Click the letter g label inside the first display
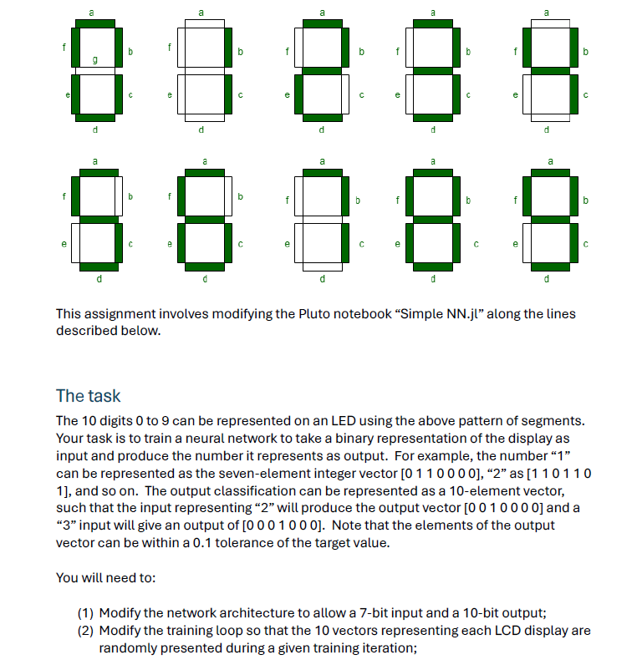pyautogui.click(x=94, y=60)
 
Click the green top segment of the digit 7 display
pyautogui.click(x=323, y=173)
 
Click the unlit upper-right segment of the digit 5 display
pyautogui.click(x=119, y=196)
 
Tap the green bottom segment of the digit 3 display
pyautogui.click(x=433, y=117)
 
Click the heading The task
pyautogui.click(x=88, y=395)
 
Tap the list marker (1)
pyautogui.click(x=86, y=613)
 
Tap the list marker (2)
pyautogui.click(x=86, y=630)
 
